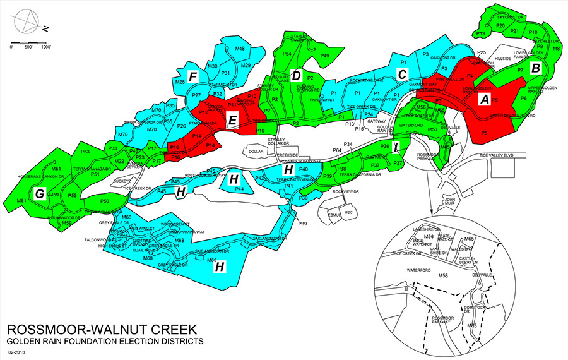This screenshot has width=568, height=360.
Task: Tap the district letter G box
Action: (x=40, y=195)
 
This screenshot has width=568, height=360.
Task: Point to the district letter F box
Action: (x=194, y=77)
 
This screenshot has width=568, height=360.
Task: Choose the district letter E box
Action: (x=232, y=120)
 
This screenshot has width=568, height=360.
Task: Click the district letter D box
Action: (x=295, y=75)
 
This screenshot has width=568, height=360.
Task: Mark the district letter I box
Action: (x=396, y=148)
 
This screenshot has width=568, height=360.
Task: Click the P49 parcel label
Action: (x=324, y=56)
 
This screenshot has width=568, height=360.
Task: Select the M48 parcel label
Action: (x=240, y=49)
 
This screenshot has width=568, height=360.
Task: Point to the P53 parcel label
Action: (x=86, y=152)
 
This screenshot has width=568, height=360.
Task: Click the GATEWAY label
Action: (x=377, y=121)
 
